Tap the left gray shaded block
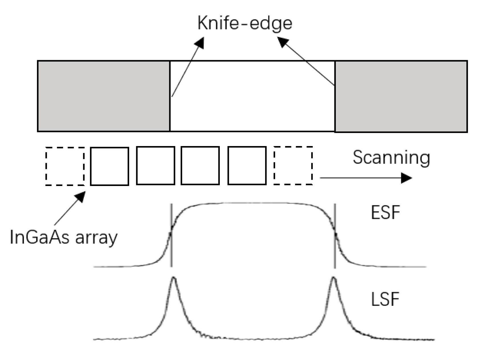point(104,96)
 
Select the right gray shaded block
point(401,96)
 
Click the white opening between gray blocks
point(252,96)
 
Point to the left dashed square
point(65,166)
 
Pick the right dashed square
point(293,166)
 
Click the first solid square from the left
point(110,166)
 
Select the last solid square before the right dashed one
point(247,166)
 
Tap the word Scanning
point(391,157)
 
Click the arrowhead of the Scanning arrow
point(407,178)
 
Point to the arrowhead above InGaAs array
point(81,196)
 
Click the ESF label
point(385,213)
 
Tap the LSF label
point(385,299)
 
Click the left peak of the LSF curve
point(173,279)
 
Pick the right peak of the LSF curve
point(333,279)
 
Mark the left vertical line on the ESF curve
point(171,235)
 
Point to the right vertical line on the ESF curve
point(335,235)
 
